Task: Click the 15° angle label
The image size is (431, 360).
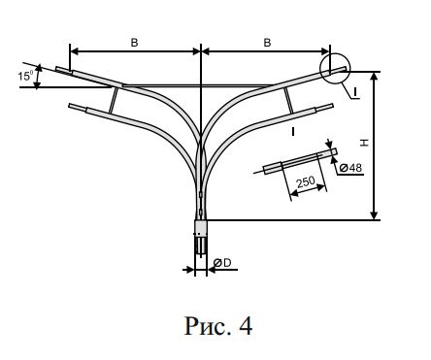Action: [x=25, y=76]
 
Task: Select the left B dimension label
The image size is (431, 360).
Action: [x=134, y=43]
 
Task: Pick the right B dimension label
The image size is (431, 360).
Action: [x=267, y=43]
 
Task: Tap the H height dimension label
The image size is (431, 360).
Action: [x=365, y=143]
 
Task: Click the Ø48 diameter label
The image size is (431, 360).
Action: [x=350, y=168]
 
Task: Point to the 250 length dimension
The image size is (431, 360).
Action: [x=306, y=181]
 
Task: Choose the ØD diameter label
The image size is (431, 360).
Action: [x=222, y=263]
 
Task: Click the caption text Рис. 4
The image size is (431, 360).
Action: [x=218, y=326]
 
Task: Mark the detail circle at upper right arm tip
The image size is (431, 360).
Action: [x=335, y=53]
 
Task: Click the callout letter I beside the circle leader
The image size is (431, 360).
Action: [x=355, y=92]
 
